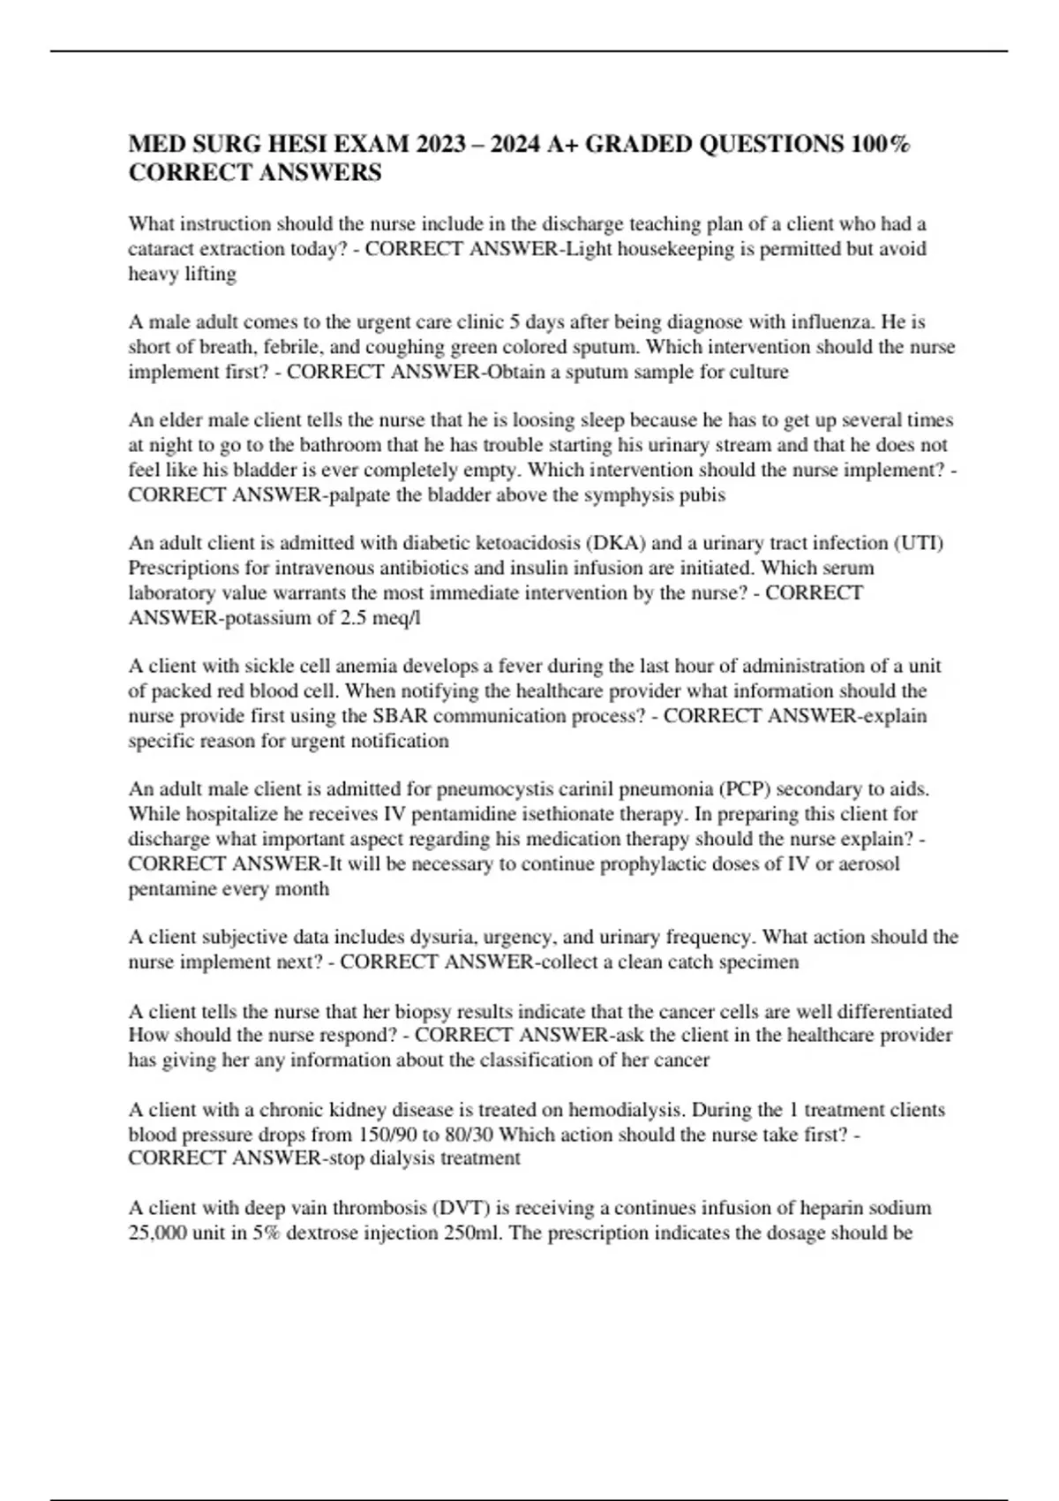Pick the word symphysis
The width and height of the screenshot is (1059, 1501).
tap(607, 494)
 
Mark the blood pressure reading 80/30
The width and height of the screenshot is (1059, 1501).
tap(469, 1135)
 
